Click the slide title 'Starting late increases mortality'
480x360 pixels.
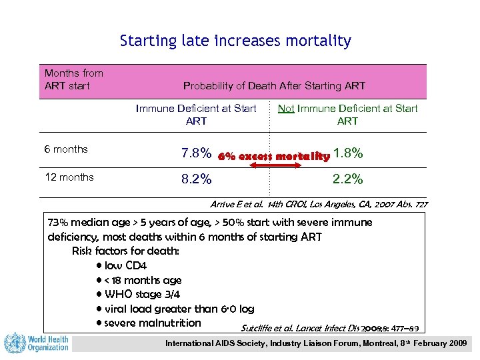tap(235, 41)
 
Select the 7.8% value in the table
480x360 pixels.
tap(196, 155)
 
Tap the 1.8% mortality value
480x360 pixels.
tap(348, 154)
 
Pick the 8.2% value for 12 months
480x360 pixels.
tap(196, 179)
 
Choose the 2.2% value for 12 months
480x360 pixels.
tap(348, 179)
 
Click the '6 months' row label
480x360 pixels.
tap(66, 149)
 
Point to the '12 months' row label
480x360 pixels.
tap(69, 177)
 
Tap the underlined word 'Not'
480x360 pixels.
tap(286, 109)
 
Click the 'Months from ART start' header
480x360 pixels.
tap(73, 79)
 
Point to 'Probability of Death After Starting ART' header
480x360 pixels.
tap(274, 86)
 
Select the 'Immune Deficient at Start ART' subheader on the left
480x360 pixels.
tap(196, 115)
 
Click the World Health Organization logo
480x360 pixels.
tap(37, 343)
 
